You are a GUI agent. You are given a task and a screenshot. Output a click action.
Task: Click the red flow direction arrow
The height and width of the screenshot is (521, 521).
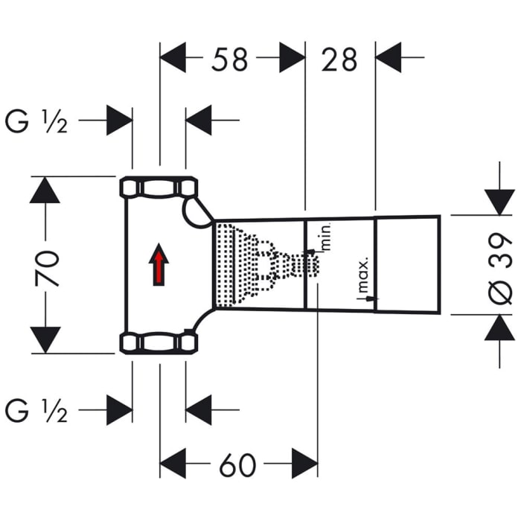(158, 266)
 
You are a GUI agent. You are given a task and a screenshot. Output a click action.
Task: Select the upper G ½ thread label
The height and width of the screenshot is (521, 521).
(36, 121)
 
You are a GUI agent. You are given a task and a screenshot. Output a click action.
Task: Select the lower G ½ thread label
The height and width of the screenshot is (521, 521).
(36, 410)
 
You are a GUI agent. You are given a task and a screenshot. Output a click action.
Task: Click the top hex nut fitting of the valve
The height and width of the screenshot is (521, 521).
(158, 187)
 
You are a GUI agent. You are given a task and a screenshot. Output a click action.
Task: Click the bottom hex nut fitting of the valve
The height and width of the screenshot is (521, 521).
(158, 342)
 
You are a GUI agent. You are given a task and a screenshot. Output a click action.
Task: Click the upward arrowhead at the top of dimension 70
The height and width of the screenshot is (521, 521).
(45, 190)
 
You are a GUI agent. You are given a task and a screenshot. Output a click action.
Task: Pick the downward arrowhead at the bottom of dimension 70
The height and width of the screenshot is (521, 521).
(45, 340)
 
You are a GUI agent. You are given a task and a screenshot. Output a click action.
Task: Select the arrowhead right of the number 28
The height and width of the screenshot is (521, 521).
(389, 57)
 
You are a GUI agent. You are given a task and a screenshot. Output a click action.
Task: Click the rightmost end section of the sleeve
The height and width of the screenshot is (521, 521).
(408, 264)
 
